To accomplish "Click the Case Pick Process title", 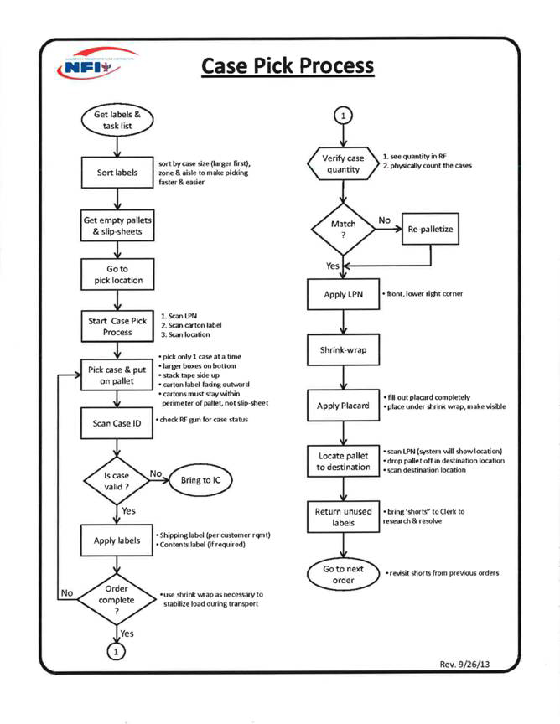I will (287, 65).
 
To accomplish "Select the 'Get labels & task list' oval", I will (117, 120).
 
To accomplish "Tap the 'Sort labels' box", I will (117, 173).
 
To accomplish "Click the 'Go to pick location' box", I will (117, 274).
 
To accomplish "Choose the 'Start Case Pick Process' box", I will (117, 326).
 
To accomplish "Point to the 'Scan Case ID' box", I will (117, 423).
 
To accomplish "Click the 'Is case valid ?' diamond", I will (117, 479).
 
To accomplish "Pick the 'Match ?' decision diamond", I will (341, 229).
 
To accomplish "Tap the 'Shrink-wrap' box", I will (341, 349).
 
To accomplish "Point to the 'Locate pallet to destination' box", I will (341, 460).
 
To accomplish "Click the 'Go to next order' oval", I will (343, 576).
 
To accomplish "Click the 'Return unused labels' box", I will (341, 516).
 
